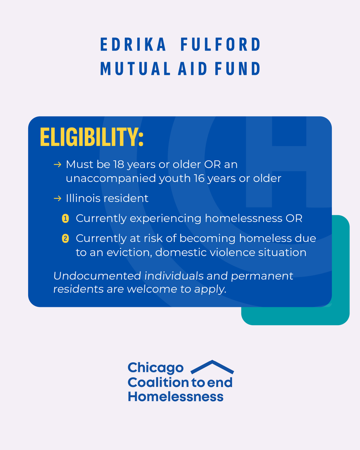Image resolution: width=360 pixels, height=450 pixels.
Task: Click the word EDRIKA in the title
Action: pos(133,45)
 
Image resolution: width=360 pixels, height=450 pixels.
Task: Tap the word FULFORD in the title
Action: pos(221,45)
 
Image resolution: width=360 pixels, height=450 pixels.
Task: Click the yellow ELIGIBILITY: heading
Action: pos(92,138)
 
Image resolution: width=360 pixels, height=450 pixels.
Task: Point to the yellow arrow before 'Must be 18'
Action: pos(57,165)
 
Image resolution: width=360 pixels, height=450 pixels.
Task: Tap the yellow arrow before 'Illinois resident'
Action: pos(57,198)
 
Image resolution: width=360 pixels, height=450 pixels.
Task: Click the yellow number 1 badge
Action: pos(65,219)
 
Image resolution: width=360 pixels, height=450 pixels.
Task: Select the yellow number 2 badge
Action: pos(65,238)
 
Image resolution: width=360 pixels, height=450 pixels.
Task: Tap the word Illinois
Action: pos(84,198)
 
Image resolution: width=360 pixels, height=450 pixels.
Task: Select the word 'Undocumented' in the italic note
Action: pos(96,276)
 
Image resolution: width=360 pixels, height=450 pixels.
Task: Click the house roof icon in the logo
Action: pos(212,367)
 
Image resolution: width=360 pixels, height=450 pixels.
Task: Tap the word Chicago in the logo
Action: pos(156,368)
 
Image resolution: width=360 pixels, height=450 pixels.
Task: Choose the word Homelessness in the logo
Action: pos(175,396)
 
